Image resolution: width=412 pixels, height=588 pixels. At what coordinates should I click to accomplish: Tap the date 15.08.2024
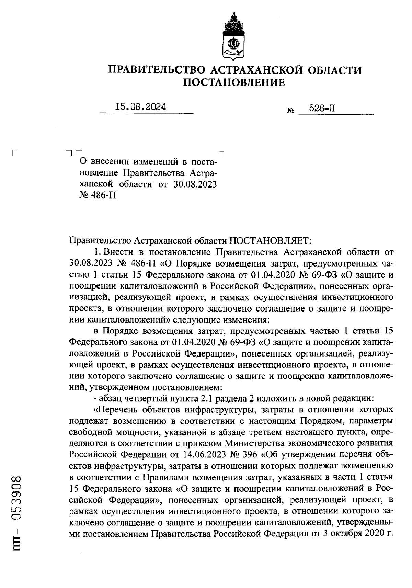(141, 107)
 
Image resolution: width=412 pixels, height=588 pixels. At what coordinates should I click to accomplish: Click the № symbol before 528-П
(290, 111)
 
